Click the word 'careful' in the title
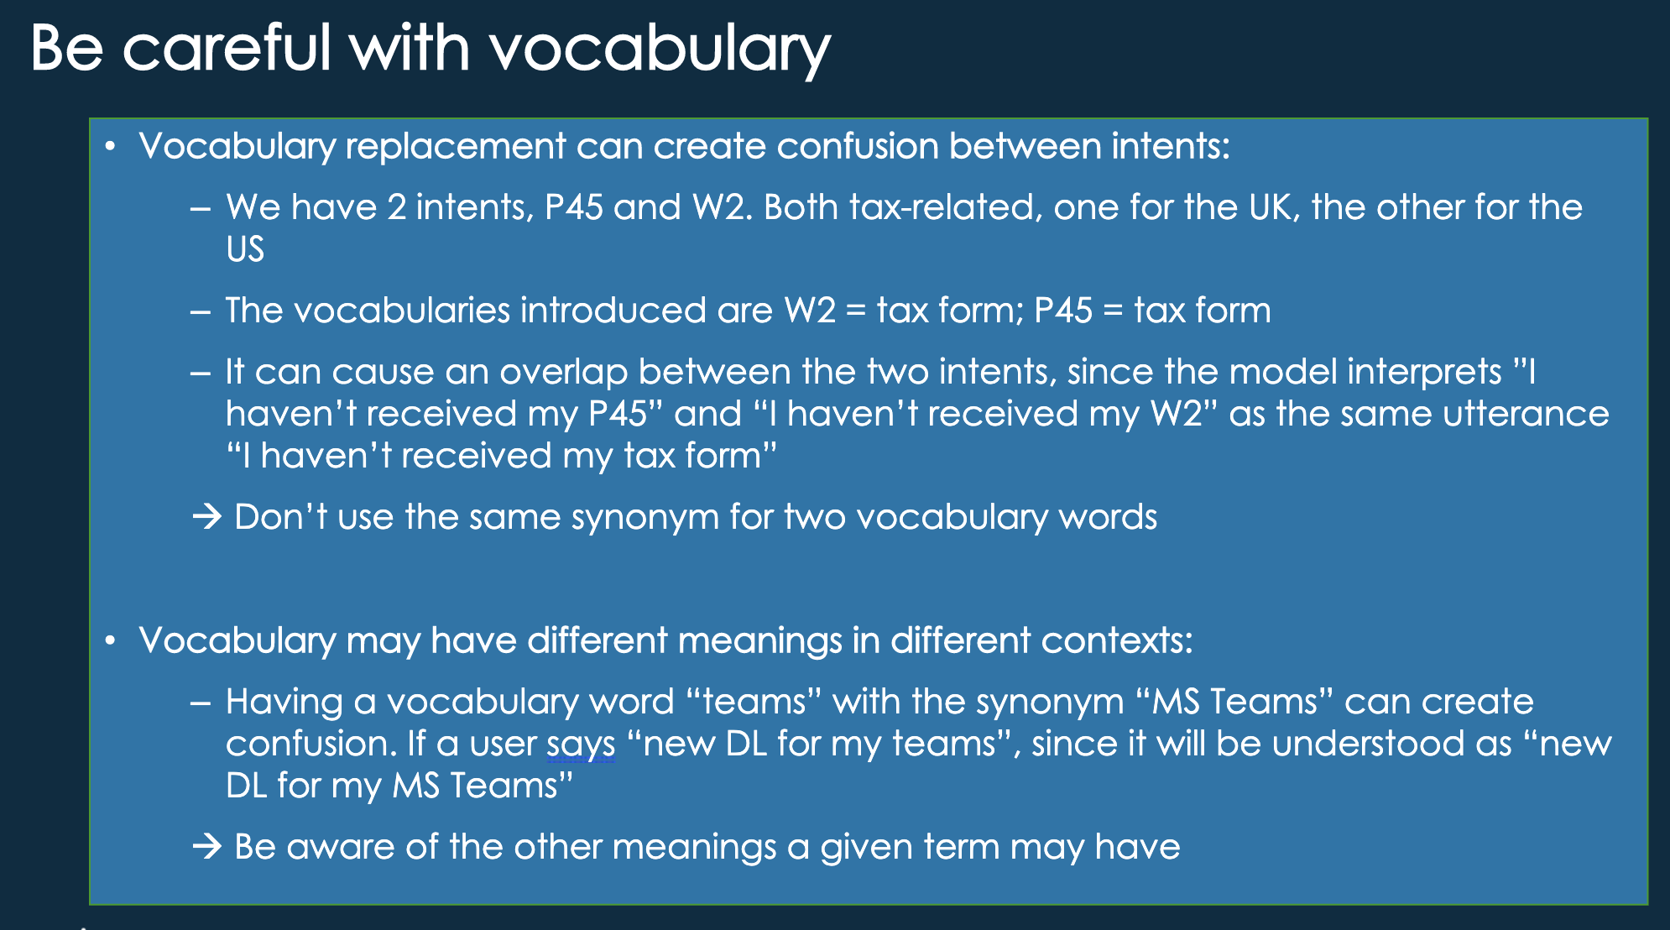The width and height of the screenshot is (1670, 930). coord(227,48)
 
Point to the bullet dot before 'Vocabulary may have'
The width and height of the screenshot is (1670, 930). coord(109,642)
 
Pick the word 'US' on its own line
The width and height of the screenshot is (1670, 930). coord(245,249)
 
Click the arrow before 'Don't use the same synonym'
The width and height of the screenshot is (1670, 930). coord(207,517)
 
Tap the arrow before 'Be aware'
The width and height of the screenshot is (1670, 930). coord(207,847)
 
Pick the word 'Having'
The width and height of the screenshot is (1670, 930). coord(284,703)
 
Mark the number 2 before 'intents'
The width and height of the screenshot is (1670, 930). coord(397,207)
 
